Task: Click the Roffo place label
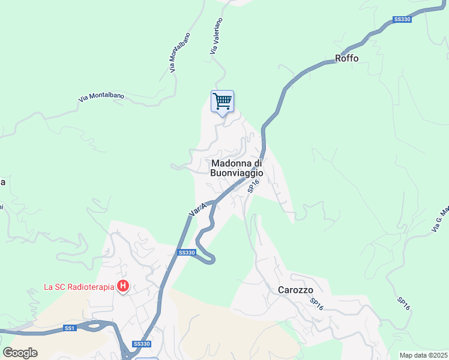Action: (346, 59)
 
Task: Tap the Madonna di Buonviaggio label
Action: (237, 167)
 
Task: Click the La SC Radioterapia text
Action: (79, 287)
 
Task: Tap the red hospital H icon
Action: (123, 286)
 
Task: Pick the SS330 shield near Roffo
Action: (402, 20)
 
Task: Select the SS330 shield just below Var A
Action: (187, 253)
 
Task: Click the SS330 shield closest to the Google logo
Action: (142, 344)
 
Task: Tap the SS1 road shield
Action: (70, 328)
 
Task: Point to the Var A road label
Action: (197, 209)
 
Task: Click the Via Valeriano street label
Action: (216, 36)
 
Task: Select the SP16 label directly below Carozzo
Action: (317, 304)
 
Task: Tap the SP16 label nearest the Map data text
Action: (403, 304)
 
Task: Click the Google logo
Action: (20, 352)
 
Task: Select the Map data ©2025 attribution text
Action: (424, 355)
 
